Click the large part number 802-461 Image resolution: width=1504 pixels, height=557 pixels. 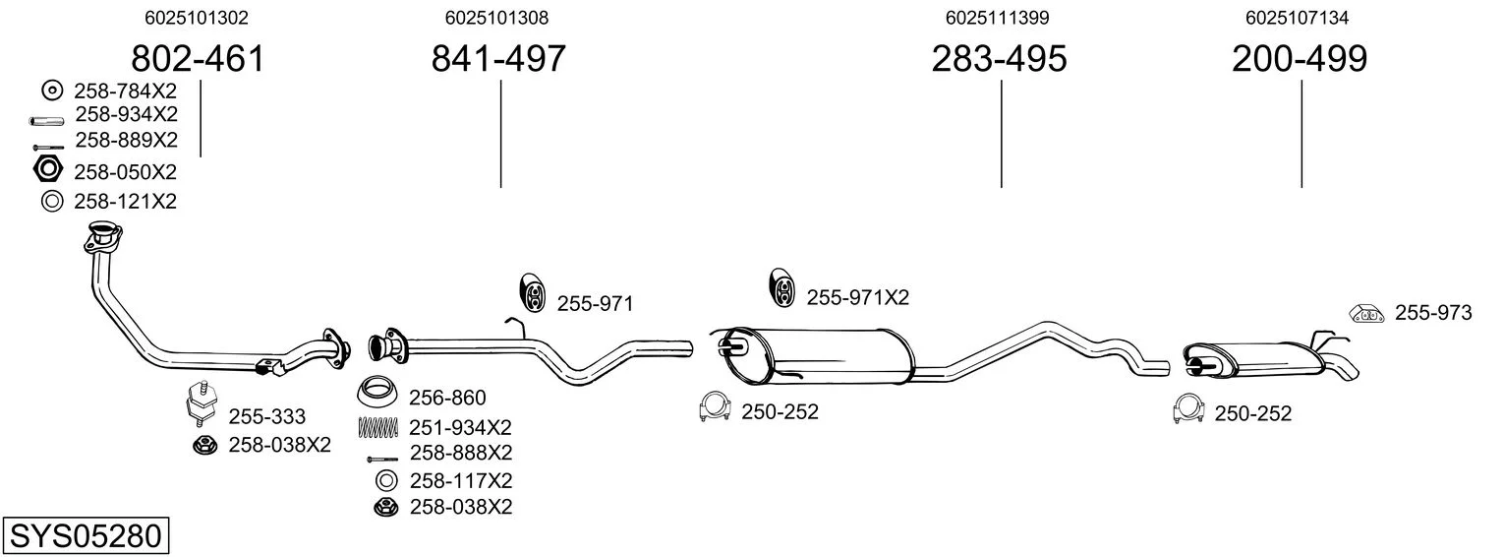[198, 58]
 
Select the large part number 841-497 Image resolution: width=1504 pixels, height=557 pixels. [498, 58]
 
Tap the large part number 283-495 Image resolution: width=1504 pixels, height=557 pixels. [999, 58]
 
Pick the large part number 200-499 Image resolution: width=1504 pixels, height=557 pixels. [1300, 58]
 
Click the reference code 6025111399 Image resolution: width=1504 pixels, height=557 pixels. [997, 18]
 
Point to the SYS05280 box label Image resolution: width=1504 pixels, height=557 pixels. [86, 536]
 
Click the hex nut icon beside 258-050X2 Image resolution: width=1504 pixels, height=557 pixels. [47, 168]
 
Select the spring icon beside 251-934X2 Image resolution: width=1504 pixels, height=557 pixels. [378, 427]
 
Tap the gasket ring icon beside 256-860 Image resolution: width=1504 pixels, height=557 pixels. [377, 392]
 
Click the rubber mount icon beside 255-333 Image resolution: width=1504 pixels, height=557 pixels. [201, 403]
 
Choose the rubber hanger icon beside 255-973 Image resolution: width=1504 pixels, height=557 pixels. [1366, 313]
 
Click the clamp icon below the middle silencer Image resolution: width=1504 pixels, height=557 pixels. [715, 405]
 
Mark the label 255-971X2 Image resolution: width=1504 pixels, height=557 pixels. [857, 297]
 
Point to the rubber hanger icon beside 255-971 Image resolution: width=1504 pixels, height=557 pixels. [532, 293]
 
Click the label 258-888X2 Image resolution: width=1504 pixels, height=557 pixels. [461, 452]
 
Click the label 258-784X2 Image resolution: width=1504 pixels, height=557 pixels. [125, 91]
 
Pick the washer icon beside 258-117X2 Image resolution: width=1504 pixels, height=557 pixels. [386, 481]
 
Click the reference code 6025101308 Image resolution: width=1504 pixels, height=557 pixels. [496, 18]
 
